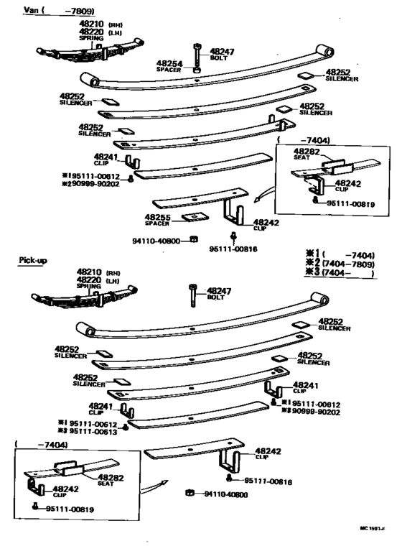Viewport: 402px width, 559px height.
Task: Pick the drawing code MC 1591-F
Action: pyautogui.click(x=373, y=528)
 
